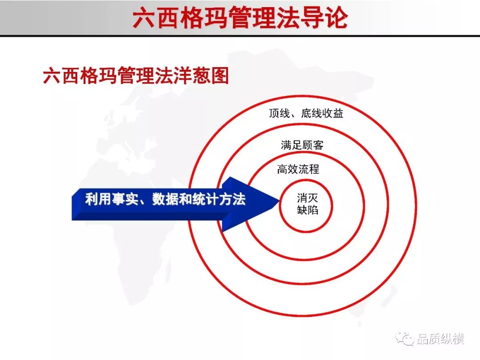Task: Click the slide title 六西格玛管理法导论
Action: point(240,17)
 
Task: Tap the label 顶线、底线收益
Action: point(306,113)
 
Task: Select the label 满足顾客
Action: point(302,145)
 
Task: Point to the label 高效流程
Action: point(298,169)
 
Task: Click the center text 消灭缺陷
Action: point(308,204)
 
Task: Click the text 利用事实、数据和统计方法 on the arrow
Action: point(165,199)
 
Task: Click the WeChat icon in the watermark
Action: point(405,338)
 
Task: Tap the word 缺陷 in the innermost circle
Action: point(308,210)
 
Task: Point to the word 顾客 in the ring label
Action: point(313,145)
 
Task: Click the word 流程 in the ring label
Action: point(309,169)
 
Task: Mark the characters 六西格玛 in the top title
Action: point(180,17)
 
